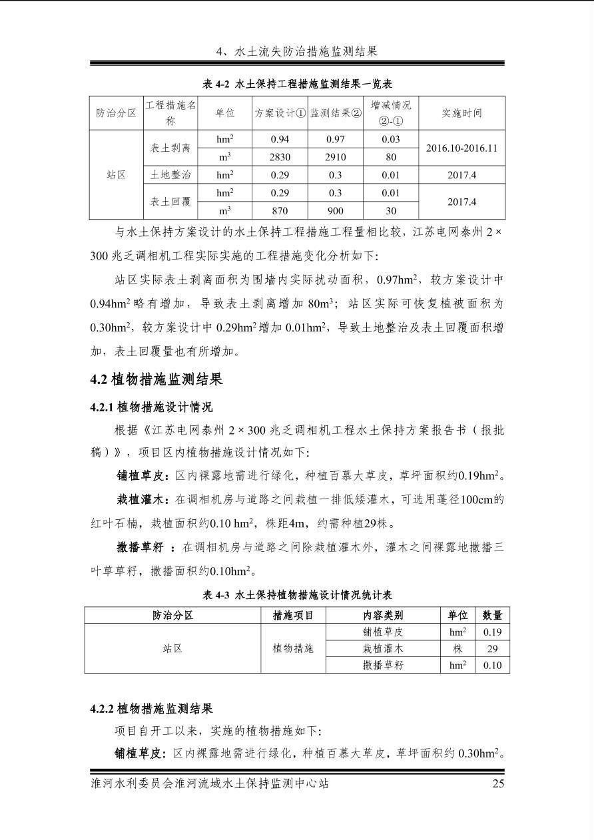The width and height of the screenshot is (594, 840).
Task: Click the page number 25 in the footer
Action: (498, 783)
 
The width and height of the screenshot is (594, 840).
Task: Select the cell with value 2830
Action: (280, 158)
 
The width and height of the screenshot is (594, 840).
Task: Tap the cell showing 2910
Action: (335, 158)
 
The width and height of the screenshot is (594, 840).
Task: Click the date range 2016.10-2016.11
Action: (461, 148)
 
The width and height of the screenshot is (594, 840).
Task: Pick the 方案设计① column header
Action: (280, 113)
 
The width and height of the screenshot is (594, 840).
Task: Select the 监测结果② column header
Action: (335, 113)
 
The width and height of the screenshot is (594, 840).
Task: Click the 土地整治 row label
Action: (170, 175)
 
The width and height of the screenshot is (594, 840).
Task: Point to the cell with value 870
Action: (280, 210)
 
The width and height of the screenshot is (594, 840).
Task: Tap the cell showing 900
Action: (335, 210)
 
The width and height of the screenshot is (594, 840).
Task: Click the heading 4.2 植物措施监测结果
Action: (156, 379)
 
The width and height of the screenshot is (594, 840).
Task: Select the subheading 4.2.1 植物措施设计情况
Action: (151, 407)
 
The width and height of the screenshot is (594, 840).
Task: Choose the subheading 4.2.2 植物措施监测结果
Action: (151, 709)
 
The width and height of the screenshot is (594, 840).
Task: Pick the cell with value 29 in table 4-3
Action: (492, 648)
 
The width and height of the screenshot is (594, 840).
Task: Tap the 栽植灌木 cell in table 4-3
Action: (383, 648)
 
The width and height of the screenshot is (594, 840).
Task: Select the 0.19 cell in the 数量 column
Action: (492, 632)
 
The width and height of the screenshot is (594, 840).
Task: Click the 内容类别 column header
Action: (383, 615)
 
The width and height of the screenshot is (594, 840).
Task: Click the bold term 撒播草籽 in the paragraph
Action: (140, 548)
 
